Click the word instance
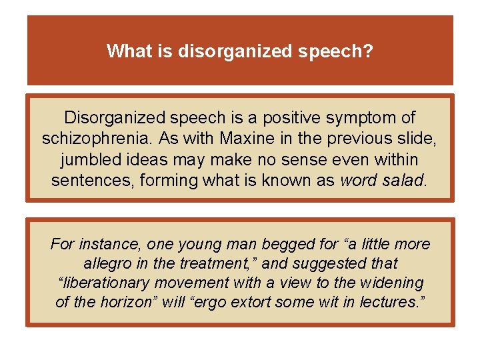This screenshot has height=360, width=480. tap(101, 245)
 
